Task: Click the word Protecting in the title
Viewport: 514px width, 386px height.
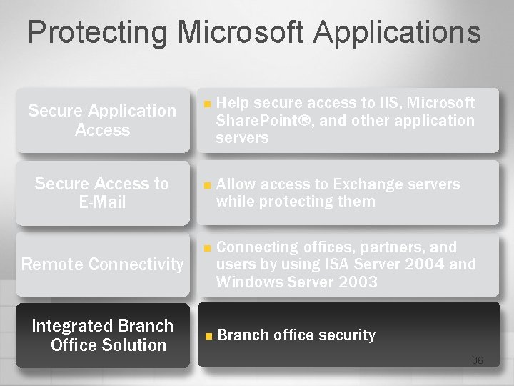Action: [96, 33]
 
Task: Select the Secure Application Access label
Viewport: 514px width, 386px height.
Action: [102, 120]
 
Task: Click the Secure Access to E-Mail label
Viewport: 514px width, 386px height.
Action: [102, 193]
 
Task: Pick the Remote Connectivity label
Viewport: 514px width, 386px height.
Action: [103, 264]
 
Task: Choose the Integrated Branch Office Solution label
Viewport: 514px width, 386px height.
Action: [103, 335]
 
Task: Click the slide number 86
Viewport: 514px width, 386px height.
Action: [477, 360]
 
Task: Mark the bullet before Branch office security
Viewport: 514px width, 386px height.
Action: [208, 336]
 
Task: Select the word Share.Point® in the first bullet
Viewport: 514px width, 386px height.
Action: [263, 120]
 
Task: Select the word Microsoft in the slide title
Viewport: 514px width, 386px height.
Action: [241, 33]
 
